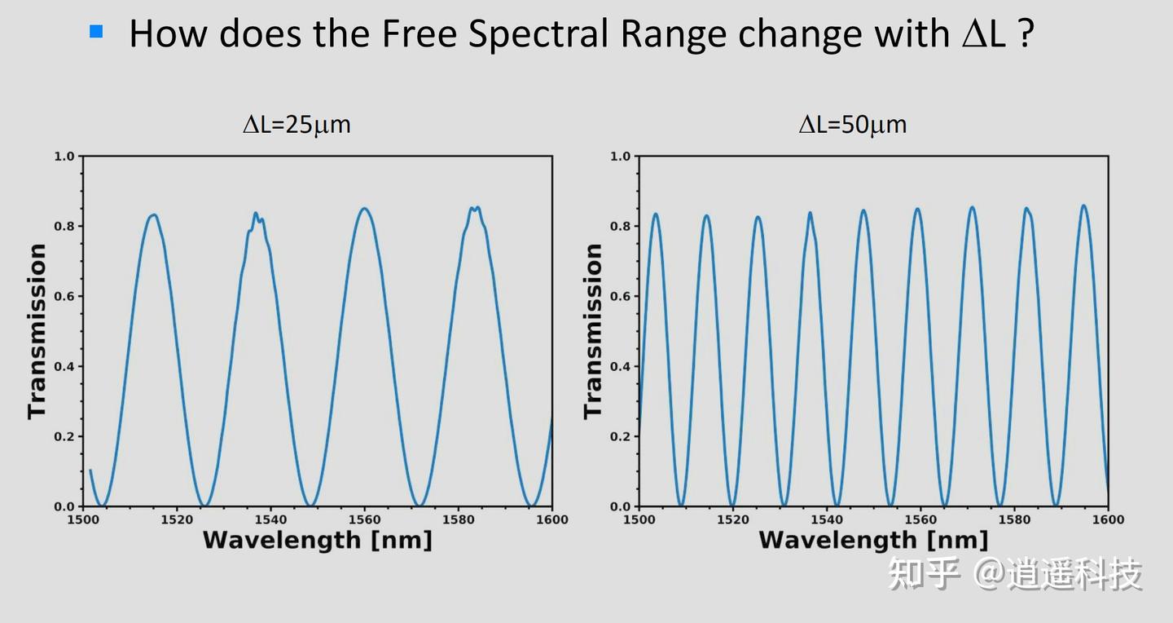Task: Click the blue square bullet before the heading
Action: click(x=97, y=32)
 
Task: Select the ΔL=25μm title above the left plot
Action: click(x=297, y=125)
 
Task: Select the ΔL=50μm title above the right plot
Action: click(x=852, y=125)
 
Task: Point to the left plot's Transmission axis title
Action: click(x=37, y=331)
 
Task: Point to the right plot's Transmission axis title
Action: click(x=593, y=331)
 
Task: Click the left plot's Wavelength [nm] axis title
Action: click(x=317, y=540)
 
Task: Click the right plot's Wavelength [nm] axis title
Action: click(x=873, y=540)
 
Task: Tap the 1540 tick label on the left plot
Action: click(x=270, y=519)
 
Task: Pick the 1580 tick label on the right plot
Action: click(x=1014, y=519)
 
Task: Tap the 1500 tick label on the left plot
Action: click(x=83, y=519)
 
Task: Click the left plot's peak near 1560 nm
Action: click(x=364, y=209)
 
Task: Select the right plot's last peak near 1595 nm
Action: click(x=1083, y=206)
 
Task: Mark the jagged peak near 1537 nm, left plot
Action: click(x=256, y=215)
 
